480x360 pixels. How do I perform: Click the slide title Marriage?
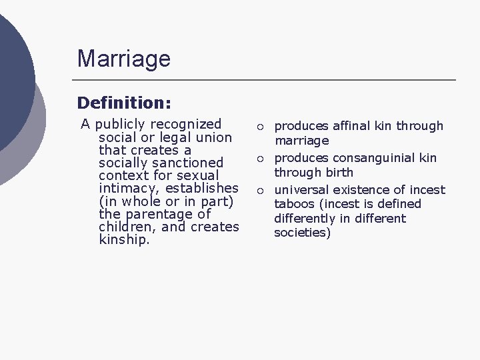pos(123,59)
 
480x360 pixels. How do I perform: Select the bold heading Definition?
pos(124,103)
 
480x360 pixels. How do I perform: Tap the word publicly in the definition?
pos(121,124)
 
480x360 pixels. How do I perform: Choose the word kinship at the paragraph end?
pos(124,240)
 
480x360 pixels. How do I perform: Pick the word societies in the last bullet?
pos(302,233)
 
